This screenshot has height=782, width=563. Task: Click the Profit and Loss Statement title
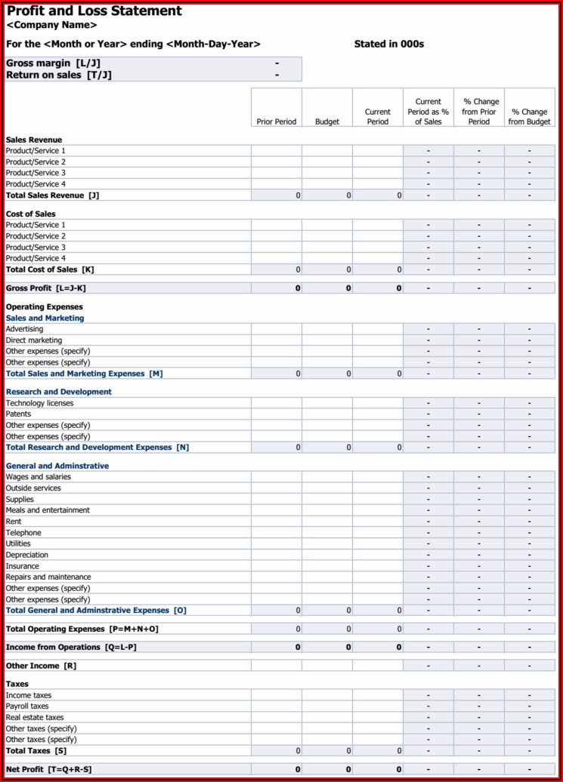pyautogui.click(x=94, y=11)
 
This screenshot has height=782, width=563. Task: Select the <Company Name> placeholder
pyautogui.click(x=51, y=26)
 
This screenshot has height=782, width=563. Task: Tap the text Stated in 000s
pyautogui.click(x=388, y=44)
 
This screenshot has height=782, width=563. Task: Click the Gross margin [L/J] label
pyautogui.click(x=53, y=63)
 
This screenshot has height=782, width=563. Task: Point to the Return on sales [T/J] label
pyautogui.click(x=58, y=75)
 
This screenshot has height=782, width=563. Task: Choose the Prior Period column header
pyautogui.click(x=276, y=122)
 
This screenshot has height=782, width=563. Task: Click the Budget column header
pyautogui.click(x=327, y=122)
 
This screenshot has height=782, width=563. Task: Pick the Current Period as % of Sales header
pyautogui.click(x=428, y=112)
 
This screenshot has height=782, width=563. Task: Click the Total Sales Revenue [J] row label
pyautogui.click(x=52, y=195)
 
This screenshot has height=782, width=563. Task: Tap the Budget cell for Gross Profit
pyautogui.click(x=327, y=288)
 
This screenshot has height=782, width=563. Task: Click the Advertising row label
pyautogui.click(x=24, y=329)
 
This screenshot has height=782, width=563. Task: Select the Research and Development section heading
pyautogui.click(x=58, y=392)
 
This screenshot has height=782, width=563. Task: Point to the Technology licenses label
pyautogui.click(x=39, y=403)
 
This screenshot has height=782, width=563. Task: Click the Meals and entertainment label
pyautogui.click(x=47, y=510)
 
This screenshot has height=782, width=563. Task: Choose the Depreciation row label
pyautogui.click(x=27, y=555)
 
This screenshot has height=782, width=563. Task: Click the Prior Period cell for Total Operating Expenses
pyautogui.click(x=276, y=629)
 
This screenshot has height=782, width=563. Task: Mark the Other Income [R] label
pyautogui.click(x=41, y=666)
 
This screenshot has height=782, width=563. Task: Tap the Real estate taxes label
pyautogui.click(x=35, y=718)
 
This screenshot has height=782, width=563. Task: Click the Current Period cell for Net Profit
pyautogui.click(x=377, y=769)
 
